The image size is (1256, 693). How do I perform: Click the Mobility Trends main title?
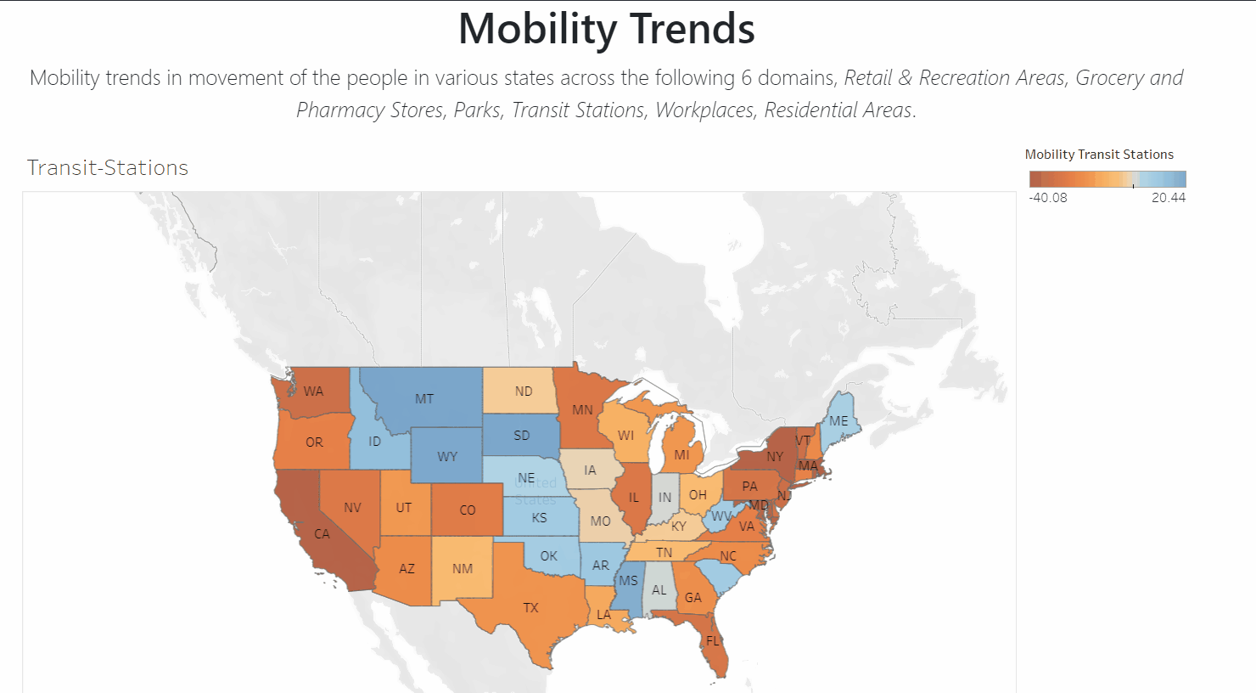[x=606, y=29]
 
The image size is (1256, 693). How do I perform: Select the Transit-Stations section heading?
[x=108, y=167]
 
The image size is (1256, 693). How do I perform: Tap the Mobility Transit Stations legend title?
[x=1099, y=155]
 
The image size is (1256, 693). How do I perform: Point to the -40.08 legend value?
[x=1048, y=198]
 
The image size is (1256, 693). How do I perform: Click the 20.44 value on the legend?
[x=1168, y=198]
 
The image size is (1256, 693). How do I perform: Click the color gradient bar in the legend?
[x=1107, y=179]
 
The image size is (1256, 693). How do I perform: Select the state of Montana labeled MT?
[x=424, y=398]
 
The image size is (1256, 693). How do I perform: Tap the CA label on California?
[x=322, y=534]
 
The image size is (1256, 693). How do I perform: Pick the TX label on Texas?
[x=530, y=608]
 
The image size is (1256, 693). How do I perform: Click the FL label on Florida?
[x=712, y=641]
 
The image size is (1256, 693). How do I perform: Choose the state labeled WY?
[x=447, y=457]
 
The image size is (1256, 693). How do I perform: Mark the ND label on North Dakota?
[x=524, y=392]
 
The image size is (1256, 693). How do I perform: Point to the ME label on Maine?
[x=838, y=421]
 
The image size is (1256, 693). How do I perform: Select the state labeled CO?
[x=468, y=510]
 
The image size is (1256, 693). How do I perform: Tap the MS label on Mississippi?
[x=628, y=581]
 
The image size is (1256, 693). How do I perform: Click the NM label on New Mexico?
[x=463, y=569]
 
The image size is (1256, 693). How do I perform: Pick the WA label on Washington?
[x=313, y=392]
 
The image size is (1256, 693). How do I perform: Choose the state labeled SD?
[x=522, y=436]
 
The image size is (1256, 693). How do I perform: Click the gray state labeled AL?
[x=659, y=590]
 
